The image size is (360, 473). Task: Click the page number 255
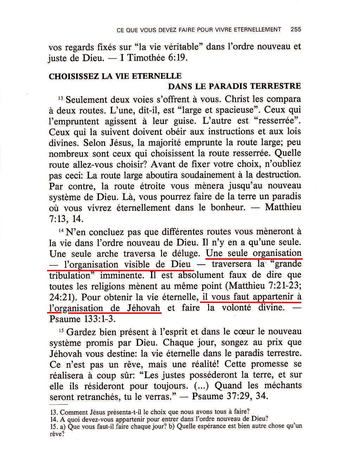(296, 30)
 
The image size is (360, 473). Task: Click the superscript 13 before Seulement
(60, 98)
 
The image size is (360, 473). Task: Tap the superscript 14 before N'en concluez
(60, 231)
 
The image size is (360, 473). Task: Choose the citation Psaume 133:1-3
(82, 319)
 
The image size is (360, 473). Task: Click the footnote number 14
(54, 419)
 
